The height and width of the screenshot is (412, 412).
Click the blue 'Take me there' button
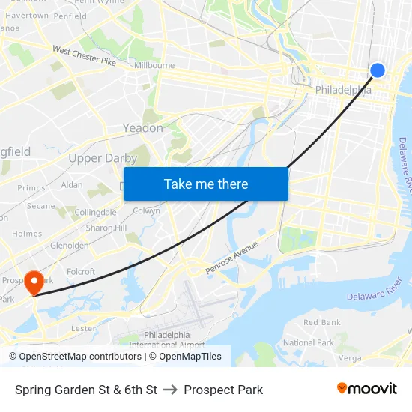click(205, 184)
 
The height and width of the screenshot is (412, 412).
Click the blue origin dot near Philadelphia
click(378, 70)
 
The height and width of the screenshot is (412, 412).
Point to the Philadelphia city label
click(343, 90)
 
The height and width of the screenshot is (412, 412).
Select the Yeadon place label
click(142, 128)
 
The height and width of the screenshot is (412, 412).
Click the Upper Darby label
click(103, 158)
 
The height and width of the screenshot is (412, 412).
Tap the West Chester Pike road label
click(84, 56)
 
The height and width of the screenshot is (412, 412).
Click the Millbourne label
click(154, 66)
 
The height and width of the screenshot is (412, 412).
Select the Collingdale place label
click(95, 212)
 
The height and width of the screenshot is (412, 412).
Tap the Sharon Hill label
click(106, 228)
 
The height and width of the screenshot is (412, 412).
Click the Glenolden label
click(70, 245)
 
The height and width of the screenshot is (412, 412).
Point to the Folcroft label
click(81, 272)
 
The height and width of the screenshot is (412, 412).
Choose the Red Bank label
click(322, 323)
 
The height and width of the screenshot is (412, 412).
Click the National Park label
click(309, 342)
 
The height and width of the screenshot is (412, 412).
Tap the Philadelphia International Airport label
click(166, 339)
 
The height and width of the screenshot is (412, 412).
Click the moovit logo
click(366, 389)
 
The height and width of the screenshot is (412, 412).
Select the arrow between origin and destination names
click(170, 390)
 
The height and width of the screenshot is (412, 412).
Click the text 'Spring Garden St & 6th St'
click(86, 390)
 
